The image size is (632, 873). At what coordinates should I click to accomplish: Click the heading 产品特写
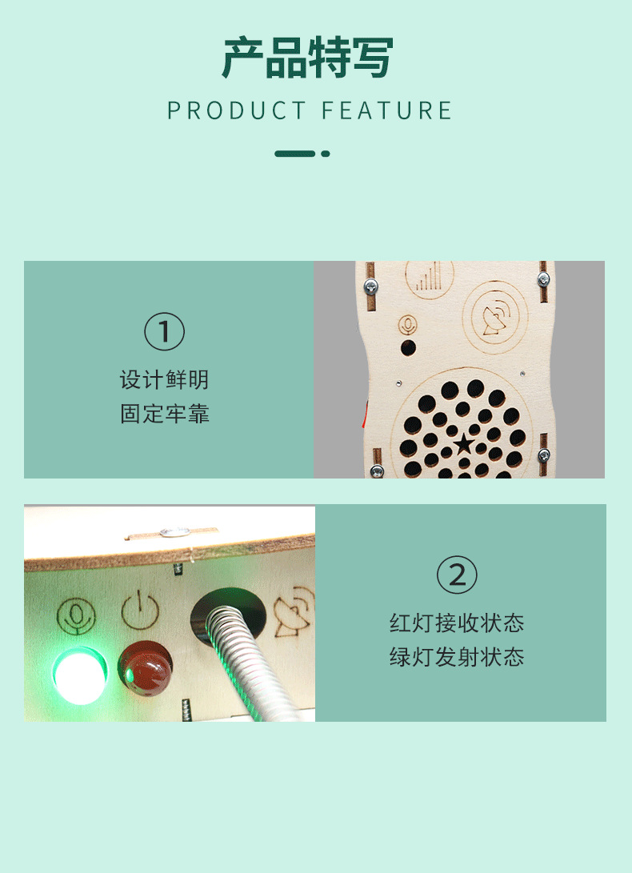[307, 58]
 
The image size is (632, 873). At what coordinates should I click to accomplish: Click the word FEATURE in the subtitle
[388, 110]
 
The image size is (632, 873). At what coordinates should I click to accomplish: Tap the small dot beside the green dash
[326, 154]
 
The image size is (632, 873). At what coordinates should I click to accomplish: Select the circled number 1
[164, 332]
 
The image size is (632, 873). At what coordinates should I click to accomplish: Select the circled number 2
[457, 575]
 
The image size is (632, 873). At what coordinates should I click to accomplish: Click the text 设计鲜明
[164, 379]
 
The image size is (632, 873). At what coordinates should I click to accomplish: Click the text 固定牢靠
[164, 414]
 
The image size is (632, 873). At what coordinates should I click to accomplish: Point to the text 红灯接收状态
[457, 623]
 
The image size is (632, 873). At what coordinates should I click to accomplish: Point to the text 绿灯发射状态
[457, 658]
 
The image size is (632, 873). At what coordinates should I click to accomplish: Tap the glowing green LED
[80, 676]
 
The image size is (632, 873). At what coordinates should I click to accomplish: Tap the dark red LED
[146, 667]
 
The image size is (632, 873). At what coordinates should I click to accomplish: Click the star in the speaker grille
[463, 443]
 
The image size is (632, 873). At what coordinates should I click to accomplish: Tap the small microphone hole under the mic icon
[408, 348]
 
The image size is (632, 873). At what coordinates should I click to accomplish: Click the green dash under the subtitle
[294, 154]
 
